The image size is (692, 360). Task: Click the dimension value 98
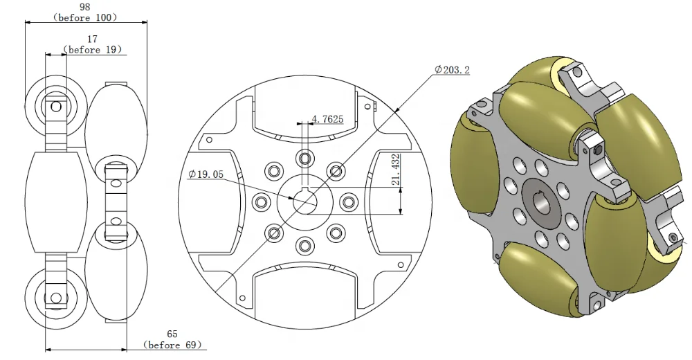click(85, 6)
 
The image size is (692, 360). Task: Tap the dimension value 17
click(91, 39)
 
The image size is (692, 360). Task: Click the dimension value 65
click(172, 334)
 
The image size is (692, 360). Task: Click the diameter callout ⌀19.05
click(206, 175)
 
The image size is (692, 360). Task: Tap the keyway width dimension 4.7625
click(327, 119)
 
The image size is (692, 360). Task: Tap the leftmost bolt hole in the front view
click(261, 202)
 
